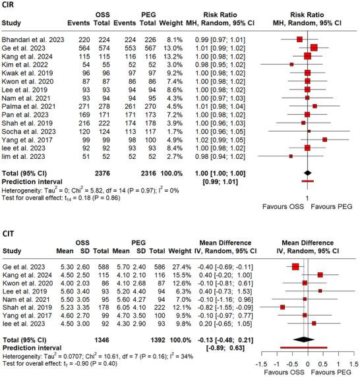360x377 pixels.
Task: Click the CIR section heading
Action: pos(10,5)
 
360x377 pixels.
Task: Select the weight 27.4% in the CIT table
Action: pos(196,266)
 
